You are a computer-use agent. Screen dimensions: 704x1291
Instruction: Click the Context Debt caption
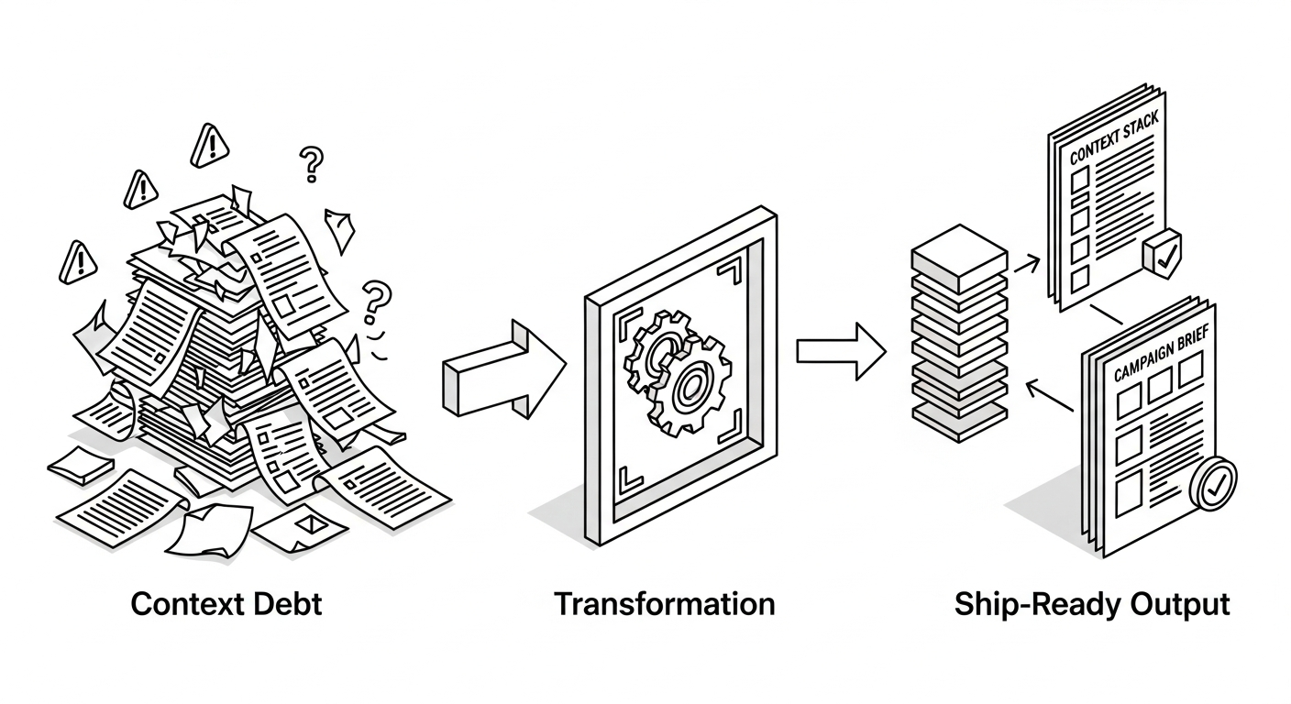point(226,605)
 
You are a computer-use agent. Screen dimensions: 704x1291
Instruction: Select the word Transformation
point(664,605)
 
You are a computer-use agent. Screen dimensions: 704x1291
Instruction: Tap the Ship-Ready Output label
point(1091,605)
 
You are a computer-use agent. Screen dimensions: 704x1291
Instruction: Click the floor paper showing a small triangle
point(300,526)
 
